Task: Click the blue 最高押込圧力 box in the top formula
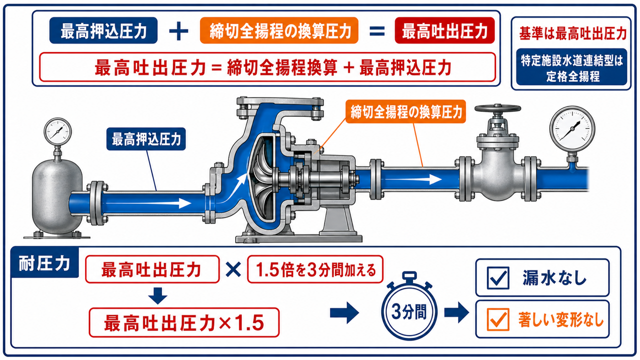coord(103,30)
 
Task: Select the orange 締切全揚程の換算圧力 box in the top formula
coord(279,30)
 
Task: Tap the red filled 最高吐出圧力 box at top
coord(444,30)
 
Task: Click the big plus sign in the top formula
coord(178,31)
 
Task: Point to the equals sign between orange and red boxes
coord(377,31)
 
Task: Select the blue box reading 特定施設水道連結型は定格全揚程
coord(571,67)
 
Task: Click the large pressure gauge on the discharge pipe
coord(572,129)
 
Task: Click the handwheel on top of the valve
coord(497,108)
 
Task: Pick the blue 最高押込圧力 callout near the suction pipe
coord(146,139)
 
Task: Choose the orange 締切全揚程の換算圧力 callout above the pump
coord(405,111)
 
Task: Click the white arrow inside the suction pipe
coord(148,203)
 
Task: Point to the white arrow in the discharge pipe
coord(411,179)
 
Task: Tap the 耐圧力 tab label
coord(44,263)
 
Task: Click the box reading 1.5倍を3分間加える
coord(315,269)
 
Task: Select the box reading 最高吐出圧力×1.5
coord(184,322)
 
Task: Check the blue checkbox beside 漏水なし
coord(498,277)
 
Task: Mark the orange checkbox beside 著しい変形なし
coord(498,319)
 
